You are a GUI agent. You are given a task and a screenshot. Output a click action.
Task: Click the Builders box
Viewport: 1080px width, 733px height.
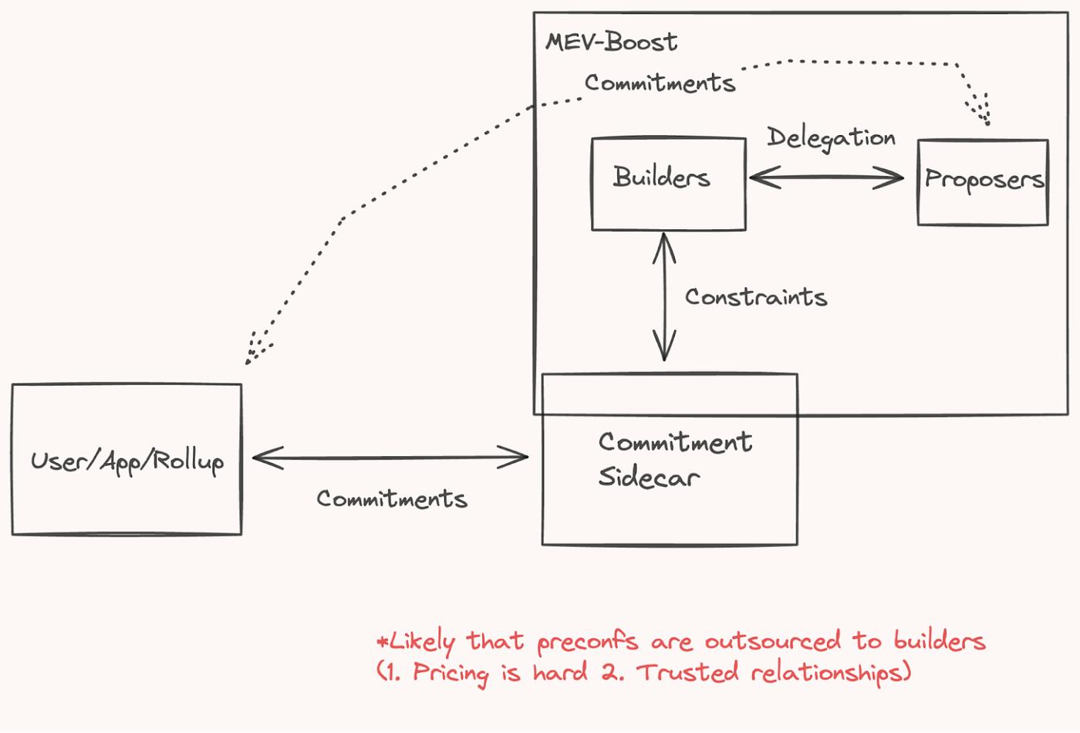[x=668, y=184]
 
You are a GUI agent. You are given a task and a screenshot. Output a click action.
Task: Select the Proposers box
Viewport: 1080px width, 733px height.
[x=983, y=182]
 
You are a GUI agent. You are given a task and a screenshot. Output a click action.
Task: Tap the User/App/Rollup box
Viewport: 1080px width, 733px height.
[x=127, y=460]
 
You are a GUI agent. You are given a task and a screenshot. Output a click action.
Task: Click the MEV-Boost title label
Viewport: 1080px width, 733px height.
[x=611, y=42]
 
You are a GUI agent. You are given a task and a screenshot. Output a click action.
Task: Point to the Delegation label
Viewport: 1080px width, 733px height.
[x=831, y=138]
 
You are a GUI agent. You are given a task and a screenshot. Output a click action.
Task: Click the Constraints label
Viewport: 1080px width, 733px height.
[x=755, y=297]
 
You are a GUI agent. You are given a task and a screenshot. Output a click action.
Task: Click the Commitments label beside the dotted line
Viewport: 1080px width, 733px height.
[x=660, y=83]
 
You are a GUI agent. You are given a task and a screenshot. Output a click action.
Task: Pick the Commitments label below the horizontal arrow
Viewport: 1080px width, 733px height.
[x=392, y=499]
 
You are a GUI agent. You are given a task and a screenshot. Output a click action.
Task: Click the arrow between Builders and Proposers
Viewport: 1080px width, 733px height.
[x=826, y=178]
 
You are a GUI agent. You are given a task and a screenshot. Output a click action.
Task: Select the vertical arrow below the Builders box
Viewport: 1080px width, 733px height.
[x=663, y=297]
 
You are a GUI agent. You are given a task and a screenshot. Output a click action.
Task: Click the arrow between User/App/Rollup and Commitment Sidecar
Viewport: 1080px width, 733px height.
[x=390, y=458]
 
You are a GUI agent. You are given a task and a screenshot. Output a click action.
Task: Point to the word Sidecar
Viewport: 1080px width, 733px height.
[x=649, y=477]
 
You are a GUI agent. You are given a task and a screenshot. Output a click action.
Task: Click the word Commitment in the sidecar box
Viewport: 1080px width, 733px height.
[x=675, y=442]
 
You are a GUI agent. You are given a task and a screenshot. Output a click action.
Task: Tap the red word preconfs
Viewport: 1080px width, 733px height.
[x=587, y=641]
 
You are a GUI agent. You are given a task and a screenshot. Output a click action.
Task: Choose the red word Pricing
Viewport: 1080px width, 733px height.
[x=451, y=673]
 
